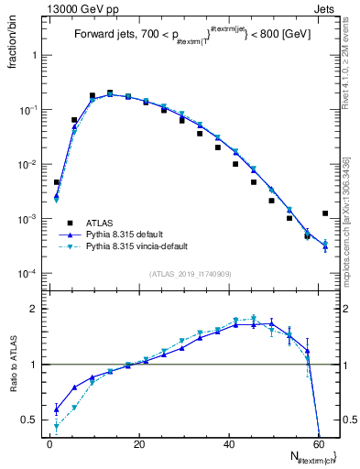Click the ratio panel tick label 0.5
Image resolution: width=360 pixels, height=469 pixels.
pyautogui.click(x=32, y=420)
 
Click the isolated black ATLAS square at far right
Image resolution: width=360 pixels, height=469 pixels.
pyautogui.click(x=325, y=213)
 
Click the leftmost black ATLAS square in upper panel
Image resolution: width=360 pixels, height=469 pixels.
pyautogui.click(x=57, y=182)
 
